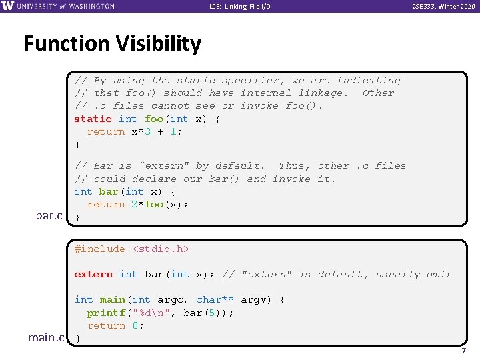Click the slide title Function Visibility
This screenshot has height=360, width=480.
112,44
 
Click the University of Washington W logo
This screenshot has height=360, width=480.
7,6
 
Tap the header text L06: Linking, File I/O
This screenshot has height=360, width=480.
240,7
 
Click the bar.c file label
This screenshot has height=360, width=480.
49,215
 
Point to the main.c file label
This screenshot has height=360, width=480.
46,337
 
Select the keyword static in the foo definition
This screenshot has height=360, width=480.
93,119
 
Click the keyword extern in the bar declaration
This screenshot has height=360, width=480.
93,274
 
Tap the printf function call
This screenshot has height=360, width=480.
106,313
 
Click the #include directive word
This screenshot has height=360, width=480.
100,249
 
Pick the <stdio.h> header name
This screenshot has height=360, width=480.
161,249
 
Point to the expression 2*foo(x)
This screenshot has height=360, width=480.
160,204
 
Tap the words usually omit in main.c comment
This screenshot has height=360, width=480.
413,274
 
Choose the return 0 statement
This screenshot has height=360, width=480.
115,325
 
